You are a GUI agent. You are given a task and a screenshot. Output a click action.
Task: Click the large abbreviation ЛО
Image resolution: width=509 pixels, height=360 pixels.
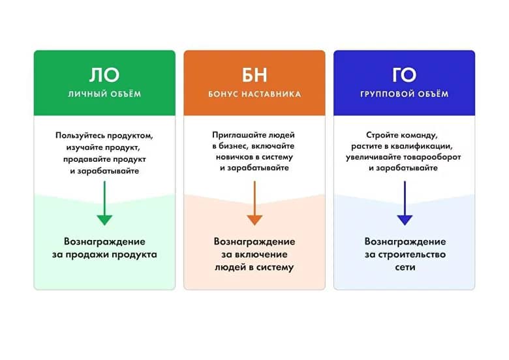click(x=104, y=75)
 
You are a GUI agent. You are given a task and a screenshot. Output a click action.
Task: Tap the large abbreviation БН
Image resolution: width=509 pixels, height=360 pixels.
click(x=254, y=75)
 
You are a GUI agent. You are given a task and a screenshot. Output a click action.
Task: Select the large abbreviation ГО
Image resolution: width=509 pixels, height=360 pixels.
click(x=404, y=75)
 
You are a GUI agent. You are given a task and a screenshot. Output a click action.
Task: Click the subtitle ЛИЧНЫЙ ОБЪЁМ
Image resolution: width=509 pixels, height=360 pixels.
click(x=104, y=94)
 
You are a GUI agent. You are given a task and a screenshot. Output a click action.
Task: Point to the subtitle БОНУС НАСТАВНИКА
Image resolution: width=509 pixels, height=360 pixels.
click(x=254, y=94)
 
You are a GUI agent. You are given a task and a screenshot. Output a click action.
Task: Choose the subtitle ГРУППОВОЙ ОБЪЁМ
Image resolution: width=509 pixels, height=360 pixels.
click(x=404, y=94)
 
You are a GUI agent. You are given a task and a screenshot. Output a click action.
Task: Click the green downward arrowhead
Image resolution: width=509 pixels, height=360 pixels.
click(x=104, y=220)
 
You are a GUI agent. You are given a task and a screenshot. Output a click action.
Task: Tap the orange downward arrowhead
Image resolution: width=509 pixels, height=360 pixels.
click(x=254, y=220)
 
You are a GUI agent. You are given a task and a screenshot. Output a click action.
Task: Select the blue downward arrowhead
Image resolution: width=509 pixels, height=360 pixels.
click(x=405, y=220)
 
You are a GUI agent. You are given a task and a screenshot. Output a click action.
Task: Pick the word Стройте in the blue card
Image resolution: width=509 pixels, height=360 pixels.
click(x=382, y=135)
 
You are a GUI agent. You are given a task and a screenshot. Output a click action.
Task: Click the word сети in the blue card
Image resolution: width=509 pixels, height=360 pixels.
click(x=405, y=267)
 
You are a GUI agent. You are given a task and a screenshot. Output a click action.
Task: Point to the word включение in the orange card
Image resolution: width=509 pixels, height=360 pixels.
click(x=264, y=254)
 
